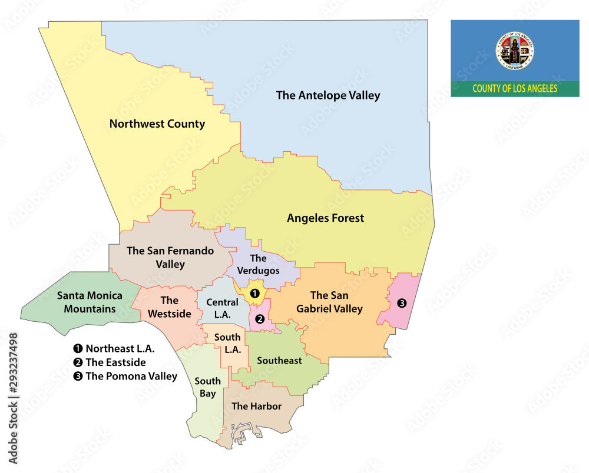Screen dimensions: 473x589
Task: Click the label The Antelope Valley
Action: coord(328,95)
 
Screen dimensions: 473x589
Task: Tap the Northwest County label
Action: coord(157,124)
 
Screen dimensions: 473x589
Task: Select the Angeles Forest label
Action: coord(325,218)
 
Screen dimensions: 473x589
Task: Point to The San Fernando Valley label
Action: coord(170,258)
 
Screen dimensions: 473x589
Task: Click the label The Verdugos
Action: coord(258,264)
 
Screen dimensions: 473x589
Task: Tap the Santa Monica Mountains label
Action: coord(90,302)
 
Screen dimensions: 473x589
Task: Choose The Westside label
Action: coord(169,307)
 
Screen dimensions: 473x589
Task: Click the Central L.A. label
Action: coord(222,308)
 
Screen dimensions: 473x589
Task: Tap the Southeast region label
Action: coord(279,360)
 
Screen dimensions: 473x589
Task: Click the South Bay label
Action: coord(207,387)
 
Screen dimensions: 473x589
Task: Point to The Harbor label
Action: coord(256,406)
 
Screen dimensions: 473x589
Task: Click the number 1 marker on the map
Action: coord(254,292)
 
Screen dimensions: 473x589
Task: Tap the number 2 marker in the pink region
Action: coord(260,318)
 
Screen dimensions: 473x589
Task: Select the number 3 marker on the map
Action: coord(402,304)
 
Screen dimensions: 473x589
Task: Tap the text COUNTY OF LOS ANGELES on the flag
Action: coord(515,89)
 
